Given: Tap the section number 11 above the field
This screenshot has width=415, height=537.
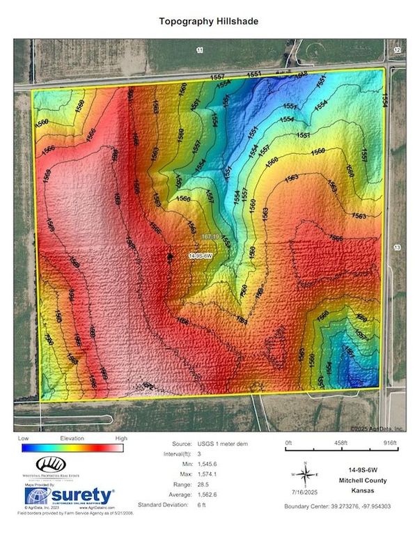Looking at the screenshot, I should pos(199,51).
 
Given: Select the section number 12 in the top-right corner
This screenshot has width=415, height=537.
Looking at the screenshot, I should pos(397,50).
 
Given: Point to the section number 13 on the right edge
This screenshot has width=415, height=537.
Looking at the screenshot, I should pos(398,247).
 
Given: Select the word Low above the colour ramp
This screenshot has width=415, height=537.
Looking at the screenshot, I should pos(24,439).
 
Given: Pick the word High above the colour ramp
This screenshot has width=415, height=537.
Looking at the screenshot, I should pos(121,439).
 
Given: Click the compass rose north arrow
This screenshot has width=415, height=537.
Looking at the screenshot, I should pos(305,475).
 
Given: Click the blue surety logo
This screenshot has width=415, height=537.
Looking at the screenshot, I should pos(69,496).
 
